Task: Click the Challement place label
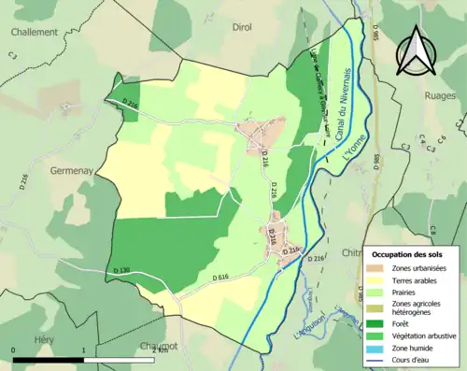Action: tap(35, 31)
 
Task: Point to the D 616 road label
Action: tap(220, 278)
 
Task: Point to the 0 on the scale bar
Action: tap(14, 350)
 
